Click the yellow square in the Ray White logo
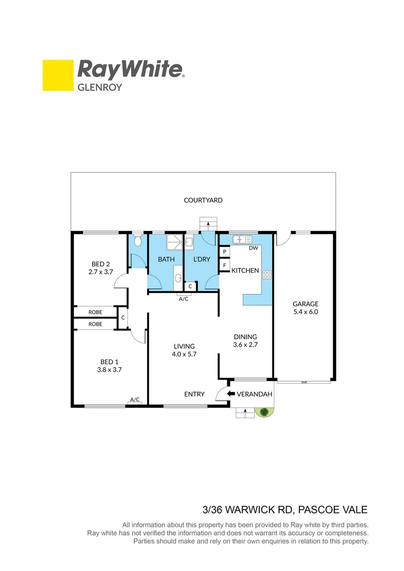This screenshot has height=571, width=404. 58,75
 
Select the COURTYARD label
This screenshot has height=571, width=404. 203,200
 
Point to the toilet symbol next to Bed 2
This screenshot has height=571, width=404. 137,241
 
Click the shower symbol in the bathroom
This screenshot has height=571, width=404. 173,242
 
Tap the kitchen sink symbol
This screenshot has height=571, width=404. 245,239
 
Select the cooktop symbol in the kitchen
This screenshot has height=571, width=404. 266,274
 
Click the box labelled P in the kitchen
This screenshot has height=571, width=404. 225,252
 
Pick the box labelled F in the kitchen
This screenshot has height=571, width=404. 225,265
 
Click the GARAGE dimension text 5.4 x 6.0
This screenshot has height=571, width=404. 306,312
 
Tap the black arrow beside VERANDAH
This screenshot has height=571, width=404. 230,394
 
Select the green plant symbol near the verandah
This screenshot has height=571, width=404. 262,412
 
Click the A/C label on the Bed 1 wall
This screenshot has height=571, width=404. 135,400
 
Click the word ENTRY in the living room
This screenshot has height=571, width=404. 194,394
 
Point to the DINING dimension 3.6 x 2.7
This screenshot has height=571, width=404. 245,345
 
